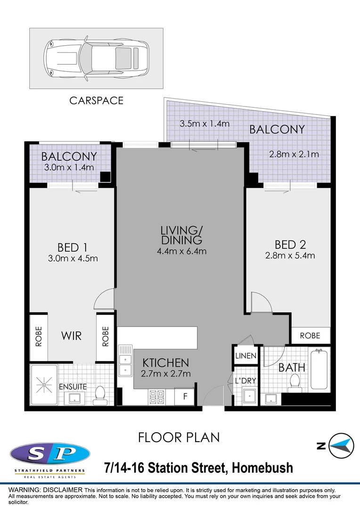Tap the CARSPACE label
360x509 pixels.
coord(96,100)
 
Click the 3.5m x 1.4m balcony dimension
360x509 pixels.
coord(204,124)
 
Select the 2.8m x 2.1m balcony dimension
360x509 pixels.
coord(294,154)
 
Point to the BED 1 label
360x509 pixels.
coord(73,247)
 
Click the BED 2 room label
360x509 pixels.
coord(291,245)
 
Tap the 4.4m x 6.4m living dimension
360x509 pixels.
coord(182,251)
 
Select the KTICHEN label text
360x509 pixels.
coord(166,363)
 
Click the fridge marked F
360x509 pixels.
coord(185,396)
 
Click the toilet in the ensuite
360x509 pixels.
coord(100,395)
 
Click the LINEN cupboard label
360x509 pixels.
coord(245,356)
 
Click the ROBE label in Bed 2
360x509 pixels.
coord(310,336)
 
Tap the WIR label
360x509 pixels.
coord(72,336)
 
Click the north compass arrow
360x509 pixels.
coord(341,445)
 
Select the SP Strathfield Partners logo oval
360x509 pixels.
coord(49,454)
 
